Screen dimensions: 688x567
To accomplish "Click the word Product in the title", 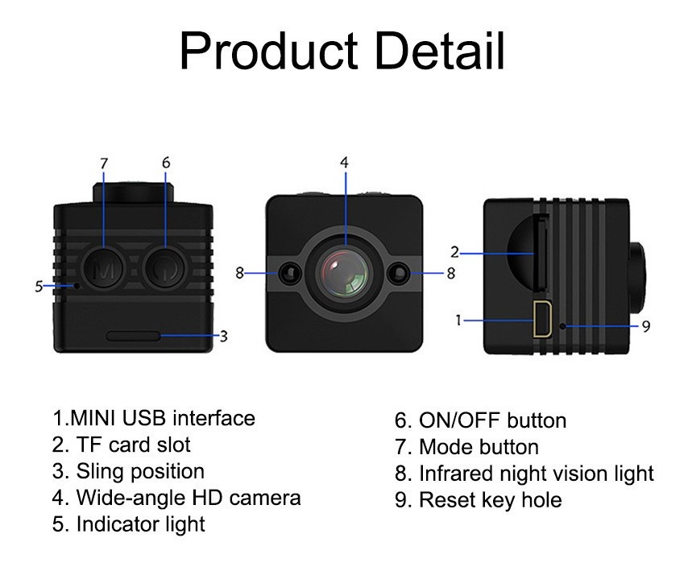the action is tap(268, 51).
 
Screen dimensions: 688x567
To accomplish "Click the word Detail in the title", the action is tap(440, 51).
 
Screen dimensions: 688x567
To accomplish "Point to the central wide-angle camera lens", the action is tap(345, 273).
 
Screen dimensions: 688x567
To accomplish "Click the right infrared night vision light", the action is tap(400, 273).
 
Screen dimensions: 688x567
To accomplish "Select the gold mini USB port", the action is tap(542, 319).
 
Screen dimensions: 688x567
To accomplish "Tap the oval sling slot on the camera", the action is tap(134, 336).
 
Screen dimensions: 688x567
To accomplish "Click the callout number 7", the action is tap(104, 163).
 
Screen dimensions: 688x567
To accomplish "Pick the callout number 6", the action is tap(166, 163).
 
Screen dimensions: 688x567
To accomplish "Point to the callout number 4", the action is tap(345, 163).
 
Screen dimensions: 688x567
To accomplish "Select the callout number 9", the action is tap(645, 327).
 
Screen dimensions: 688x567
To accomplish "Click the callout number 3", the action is tap(224, 337).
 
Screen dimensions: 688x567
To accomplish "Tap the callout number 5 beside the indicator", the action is tap(39, 287).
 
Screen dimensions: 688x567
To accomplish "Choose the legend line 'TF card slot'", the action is tap(121, 445).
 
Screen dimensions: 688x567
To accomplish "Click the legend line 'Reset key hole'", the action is tap(479, 500).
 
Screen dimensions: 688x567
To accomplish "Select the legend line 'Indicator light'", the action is tap(129, 524).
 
